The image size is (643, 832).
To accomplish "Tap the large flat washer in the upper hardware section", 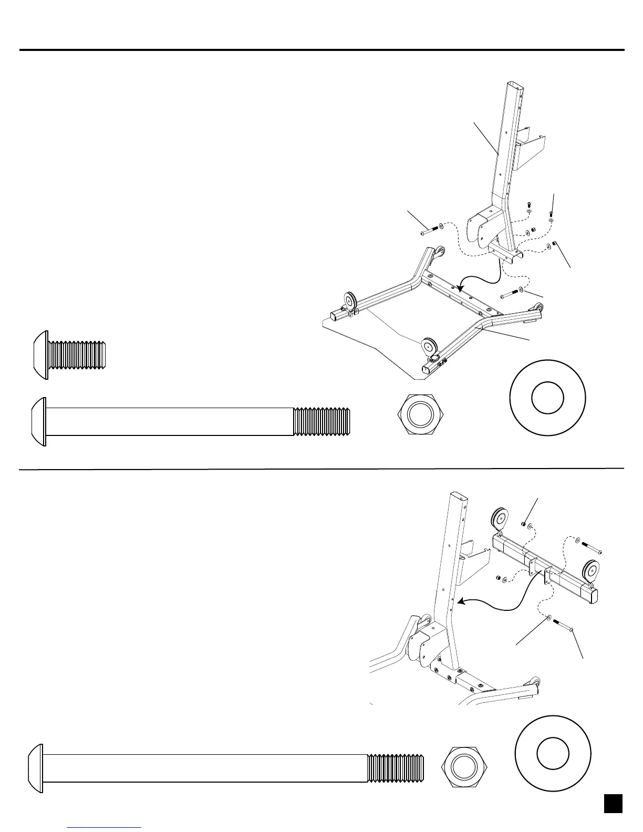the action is [x=547, y=398].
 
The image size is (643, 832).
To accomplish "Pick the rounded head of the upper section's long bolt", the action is [x=38, y=421].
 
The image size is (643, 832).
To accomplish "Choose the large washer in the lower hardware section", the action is [x=553, y=753].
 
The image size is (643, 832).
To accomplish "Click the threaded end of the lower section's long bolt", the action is [x=395, y=768].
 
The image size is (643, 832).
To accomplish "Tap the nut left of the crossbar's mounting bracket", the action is [x=498, y=579].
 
